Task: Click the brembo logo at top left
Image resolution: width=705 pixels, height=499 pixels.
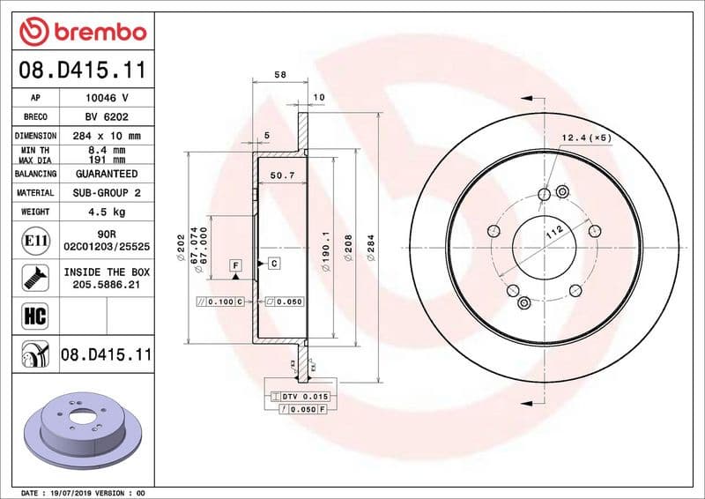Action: (x=82, y=32)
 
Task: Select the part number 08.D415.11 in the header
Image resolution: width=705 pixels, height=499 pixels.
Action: (x=82, y=69)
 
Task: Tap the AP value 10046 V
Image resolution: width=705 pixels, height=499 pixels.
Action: (x=107, y=98)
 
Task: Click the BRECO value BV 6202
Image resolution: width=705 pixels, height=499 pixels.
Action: (x=107, y=116)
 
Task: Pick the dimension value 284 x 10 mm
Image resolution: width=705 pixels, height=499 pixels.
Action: (x=107, y=136)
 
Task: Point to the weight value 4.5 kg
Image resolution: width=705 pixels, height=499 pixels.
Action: (x=107, y=212)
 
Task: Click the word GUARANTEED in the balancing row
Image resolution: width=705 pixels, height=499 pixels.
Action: (x=107, y=174)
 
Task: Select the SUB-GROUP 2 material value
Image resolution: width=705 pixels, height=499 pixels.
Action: (x=107, y=192)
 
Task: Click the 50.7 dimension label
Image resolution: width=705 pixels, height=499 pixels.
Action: (x=281, y=175)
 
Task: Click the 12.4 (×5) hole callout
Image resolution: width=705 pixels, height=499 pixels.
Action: (x=586, y=138)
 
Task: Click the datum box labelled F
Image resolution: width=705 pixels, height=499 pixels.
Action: (x=236, y=264)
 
